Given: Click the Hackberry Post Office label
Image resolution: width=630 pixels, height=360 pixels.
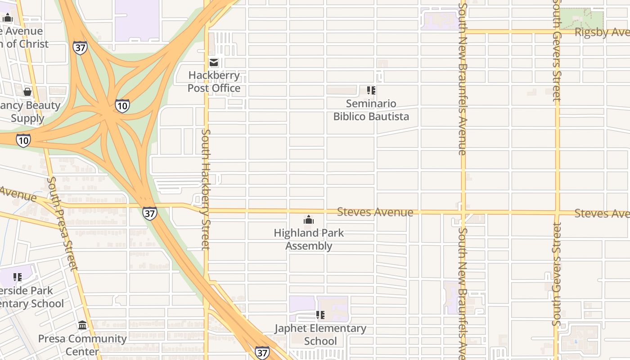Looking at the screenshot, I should [x=214, y=81].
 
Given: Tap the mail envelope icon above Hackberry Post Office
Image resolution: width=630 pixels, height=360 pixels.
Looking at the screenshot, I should [x=214, y=63].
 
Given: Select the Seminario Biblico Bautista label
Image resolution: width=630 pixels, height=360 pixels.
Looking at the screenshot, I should [x=371, y=110].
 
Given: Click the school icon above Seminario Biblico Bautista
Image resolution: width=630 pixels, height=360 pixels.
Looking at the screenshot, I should [x=371, y=90].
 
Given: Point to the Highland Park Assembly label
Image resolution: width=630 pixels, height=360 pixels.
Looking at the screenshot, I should [x=309, y=239].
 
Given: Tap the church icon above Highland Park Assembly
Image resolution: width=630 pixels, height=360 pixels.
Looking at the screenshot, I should [x=309, y=220].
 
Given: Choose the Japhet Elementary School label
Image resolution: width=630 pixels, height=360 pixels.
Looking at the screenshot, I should [x=320, y=334].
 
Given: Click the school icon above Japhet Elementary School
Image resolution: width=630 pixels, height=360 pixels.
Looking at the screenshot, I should [x=320, y=315].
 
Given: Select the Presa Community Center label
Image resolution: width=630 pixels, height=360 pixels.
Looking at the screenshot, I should [x=82, y=345].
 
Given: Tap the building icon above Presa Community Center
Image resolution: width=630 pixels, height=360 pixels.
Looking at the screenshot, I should [x=82, y=325].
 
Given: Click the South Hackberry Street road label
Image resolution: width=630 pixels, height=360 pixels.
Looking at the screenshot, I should [x=206, y=189].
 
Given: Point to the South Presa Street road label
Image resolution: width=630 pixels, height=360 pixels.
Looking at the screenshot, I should [x=62, y=224].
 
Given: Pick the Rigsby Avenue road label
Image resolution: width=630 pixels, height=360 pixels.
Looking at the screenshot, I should [x=602, y=32].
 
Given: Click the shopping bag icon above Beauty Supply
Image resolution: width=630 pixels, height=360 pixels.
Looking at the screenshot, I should [x=27, y=92].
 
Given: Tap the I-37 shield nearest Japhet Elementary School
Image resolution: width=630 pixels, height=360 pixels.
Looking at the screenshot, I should [x=262, y=352].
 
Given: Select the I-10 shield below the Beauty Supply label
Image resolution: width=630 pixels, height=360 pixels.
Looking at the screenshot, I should [x=23, y=140].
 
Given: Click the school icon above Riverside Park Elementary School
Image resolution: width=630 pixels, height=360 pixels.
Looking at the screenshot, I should [x=18, y=277].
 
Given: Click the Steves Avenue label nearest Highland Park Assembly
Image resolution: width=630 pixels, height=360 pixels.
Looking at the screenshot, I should [x=375, y=212].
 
